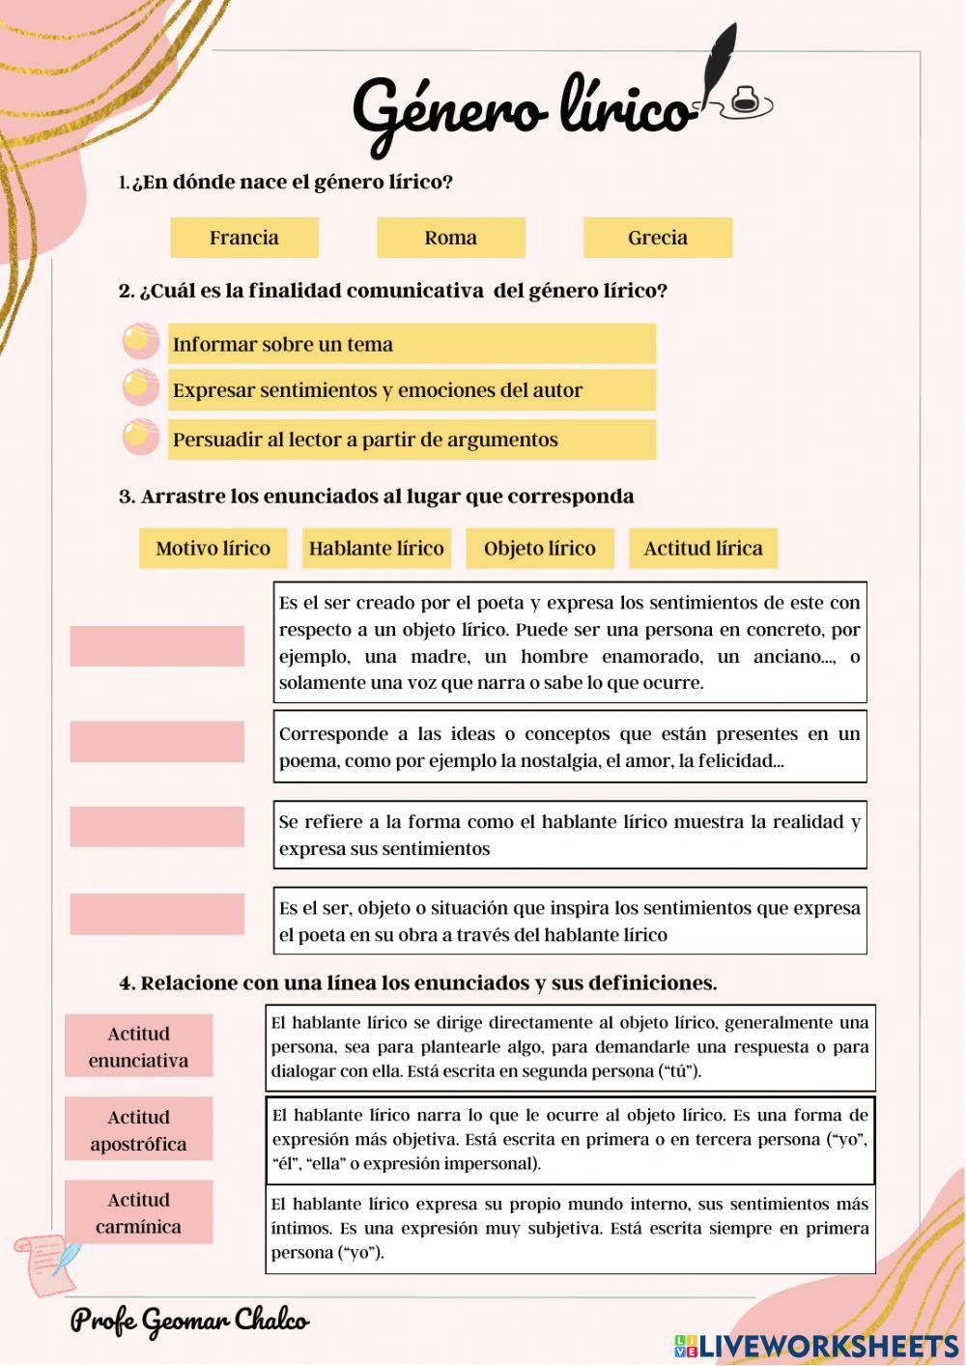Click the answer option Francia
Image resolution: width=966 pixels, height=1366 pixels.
pyautogui.click(x=244, y=238)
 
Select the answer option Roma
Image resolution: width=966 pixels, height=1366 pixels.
pyautogui.click(x=450, y=238)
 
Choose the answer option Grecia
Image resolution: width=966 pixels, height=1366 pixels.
pyautogui.click(x=657, y=238)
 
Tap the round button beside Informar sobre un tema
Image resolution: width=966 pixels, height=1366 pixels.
pyautogui.click(x=141, y=341)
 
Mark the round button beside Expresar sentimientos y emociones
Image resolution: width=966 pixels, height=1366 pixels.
pyautogui.click(x=141, y=387)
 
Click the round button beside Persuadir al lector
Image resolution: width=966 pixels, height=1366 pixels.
pyautogui.click(x=141, y=437)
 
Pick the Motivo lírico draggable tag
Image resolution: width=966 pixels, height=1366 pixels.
pyautogui.click(x=213, y=549)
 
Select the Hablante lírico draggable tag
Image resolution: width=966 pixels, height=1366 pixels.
pyautogui.click(x=376, y=549)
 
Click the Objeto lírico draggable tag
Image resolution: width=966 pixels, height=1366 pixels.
pyautogui.click(x=539, y=549)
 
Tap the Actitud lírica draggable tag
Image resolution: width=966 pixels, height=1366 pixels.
pyautogui.click(x=702, y=549)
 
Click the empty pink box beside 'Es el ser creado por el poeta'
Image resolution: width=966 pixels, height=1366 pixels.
pyautogui.click(x=156, y=646)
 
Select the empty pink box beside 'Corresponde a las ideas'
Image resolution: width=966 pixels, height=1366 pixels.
pyautogui.click(x=156, y=742)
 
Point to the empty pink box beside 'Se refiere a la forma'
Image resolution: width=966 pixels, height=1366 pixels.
pyautogui.click(x=156, y=827)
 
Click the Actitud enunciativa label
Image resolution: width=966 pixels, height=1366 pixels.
pyautogui.click(x=138, y=1046)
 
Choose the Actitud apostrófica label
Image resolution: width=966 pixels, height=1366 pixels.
pyautogui.click(x=138, y=1129)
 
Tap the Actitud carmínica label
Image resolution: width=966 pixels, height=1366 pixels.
pyautogui.click(x=138, y=1212)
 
